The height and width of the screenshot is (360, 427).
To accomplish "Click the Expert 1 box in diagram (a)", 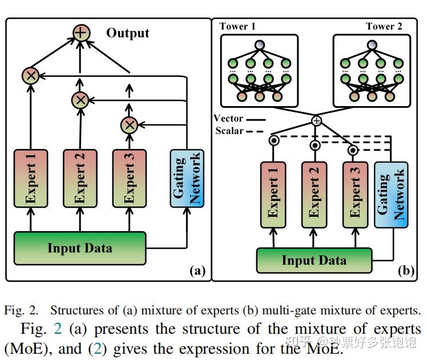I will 31,177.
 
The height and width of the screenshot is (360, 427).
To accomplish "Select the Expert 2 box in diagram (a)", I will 80,177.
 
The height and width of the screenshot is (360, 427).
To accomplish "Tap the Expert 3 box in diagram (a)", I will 129,177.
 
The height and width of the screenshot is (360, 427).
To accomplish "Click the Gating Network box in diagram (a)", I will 187,177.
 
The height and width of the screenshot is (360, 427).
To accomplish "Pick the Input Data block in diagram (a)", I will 80,248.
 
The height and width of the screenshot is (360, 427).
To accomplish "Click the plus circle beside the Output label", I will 81,33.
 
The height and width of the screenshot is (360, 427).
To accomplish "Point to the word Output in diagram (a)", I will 127,33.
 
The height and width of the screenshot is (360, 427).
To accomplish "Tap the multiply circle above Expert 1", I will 31,75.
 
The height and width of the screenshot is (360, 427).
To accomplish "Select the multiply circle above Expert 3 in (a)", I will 129,124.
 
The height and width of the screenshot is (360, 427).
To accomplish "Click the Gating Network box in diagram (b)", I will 391,194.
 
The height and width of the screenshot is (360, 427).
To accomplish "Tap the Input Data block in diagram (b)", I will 314,261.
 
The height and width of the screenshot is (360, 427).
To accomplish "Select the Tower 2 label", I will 384,27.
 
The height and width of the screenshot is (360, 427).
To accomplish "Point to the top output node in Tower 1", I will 260,45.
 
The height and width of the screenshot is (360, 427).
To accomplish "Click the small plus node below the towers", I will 316,121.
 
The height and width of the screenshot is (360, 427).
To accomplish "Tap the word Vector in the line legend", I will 228,119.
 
